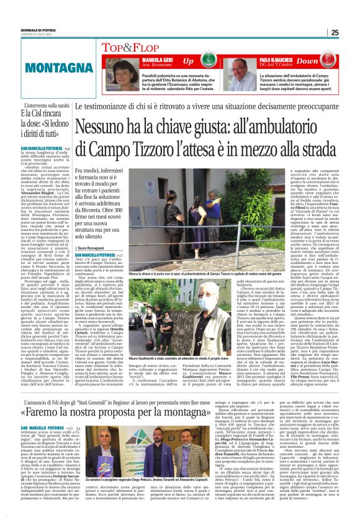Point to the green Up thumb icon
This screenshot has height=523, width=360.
[x=199, y=61]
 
